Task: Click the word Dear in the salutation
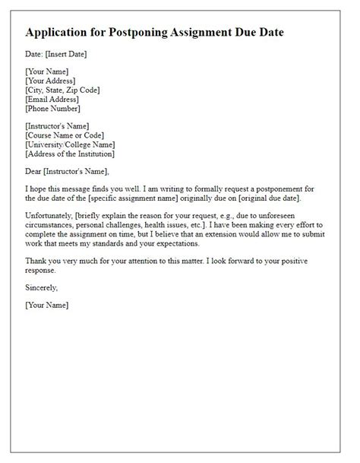pyautogui.click(x=35, y=171)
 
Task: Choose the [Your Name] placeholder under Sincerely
pyautogui.click(x=47, y=305)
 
